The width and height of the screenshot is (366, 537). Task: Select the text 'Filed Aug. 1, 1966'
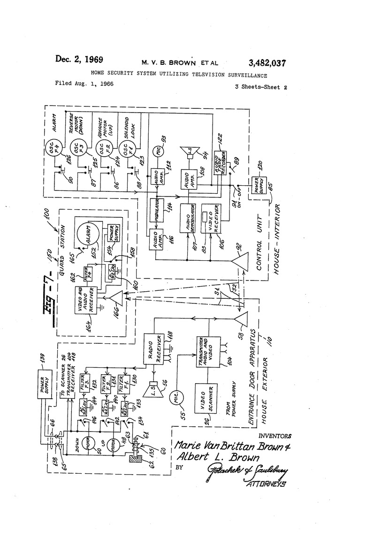point(84,84)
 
